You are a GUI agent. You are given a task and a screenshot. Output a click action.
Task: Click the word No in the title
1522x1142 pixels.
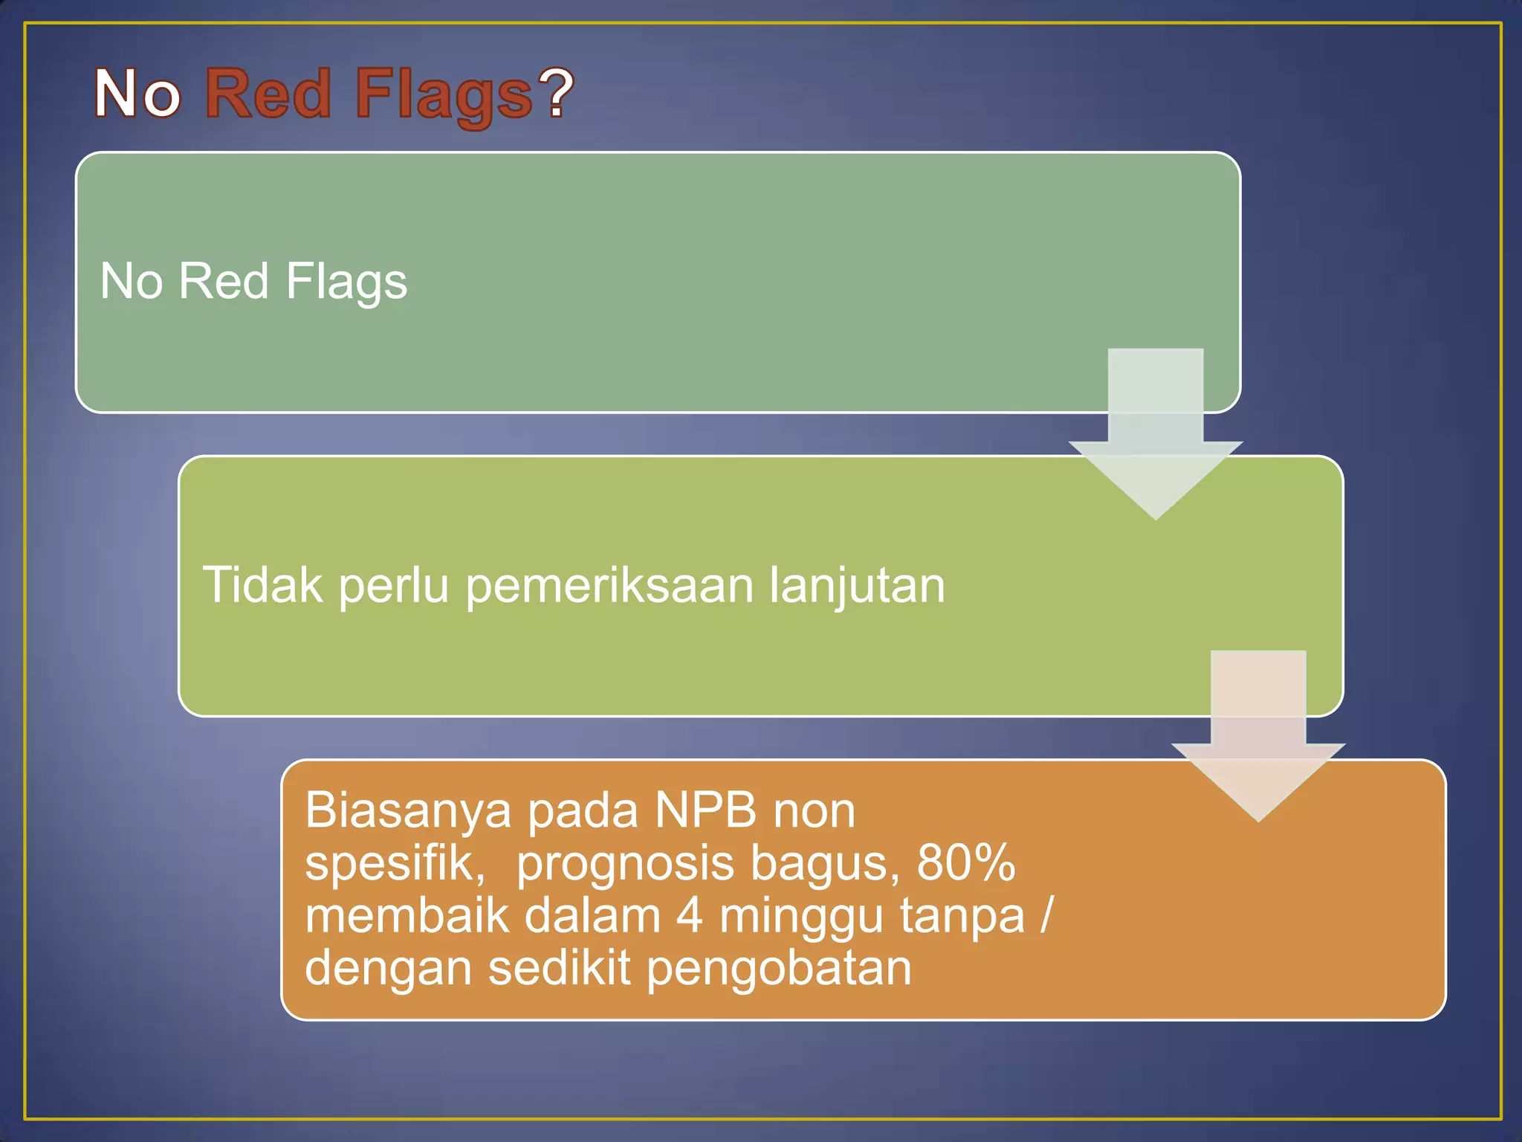[x=137, y=94]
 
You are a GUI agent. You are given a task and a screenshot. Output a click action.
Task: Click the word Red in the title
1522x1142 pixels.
[x=268, y=94]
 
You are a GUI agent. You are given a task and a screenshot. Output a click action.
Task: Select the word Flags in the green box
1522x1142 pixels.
[x=346, y=282]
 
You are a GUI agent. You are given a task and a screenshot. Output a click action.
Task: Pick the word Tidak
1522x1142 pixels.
[x=262, y=585]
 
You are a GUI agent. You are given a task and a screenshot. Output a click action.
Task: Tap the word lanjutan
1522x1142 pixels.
[x=856, y=587]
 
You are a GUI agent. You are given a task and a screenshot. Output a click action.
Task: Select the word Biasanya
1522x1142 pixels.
[x=408, y=810]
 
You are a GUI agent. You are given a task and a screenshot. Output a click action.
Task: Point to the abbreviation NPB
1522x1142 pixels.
[x=705, y=810]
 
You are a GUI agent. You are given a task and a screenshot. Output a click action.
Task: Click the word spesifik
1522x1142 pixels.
[x=395, y=864]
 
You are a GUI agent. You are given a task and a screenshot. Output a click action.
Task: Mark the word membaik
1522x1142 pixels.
[x=407, y=916]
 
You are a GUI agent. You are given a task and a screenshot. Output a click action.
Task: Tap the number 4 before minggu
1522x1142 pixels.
[x=689, y=916]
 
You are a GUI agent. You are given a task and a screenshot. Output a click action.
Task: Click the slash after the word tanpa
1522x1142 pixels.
[x=1046, y=916]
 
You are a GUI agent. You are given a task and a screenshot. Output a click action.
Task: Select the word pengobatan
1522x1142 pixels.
[x=778, y=970]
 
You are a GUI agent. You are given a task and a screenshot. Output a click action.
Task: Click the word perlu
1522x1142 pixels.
[x=394, y=587]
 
